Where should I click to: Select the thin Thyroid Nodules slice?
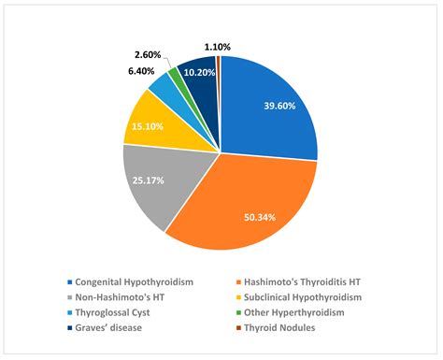pos(218,63)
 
